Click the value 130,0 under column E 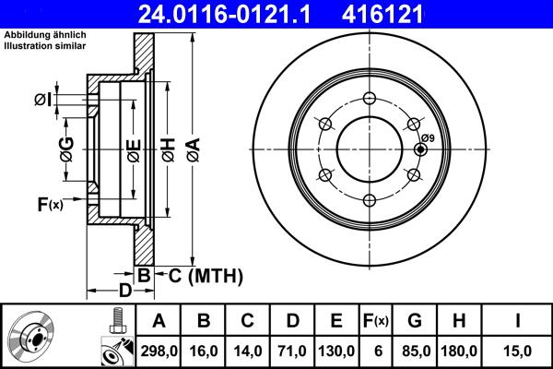pos(337,350)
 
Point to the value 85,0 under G pos(415,350)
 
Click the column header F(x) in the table pos(375,321)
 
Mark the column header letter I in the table pos(518,321)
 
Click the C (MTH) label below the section pos(200,274)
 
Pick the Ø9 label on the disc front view pos(428,137)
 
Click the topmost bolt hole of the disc pos(370,100)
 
